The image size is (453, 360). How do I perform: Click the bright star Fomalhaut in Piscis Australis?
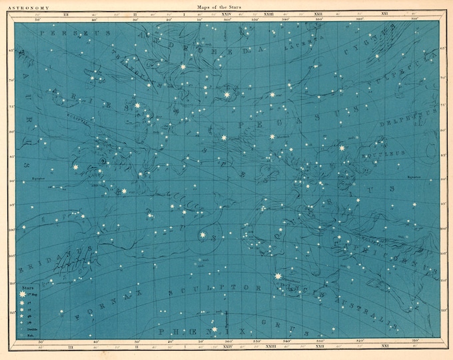coord(278,276)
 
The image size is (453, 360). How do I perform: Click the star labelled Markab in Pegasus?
coord(272,137)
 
